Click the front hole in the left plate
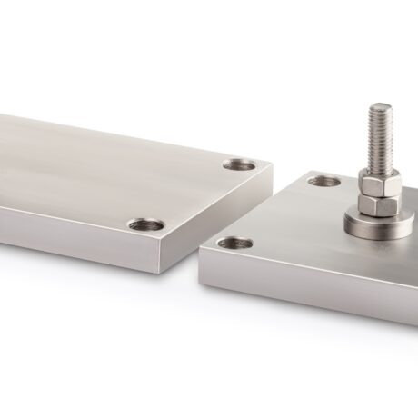point(145,224)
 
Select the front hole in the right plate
point(234,244)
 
